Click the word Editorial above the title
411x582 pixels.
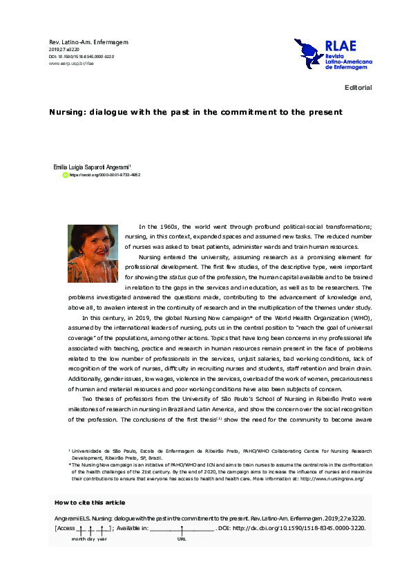click(358, 88)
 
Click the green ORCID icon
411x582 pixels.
click(66, 176)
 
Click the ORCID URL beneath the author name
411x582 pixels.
click(105, 176)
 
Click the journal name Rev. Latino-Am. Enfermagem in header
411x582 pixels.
click(88, 42)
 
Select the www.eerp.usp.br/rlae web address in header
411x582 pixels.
click(70, 63)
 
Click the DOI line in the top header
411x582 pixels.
click(81, 56)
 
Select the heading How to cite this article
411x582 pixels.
click(90, 503)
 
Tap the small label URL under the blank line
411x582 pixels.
click(182, 539)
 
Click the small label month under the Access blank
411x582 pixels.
click(79, 539)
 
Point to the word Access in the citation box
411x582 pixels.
click(66, 529)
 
